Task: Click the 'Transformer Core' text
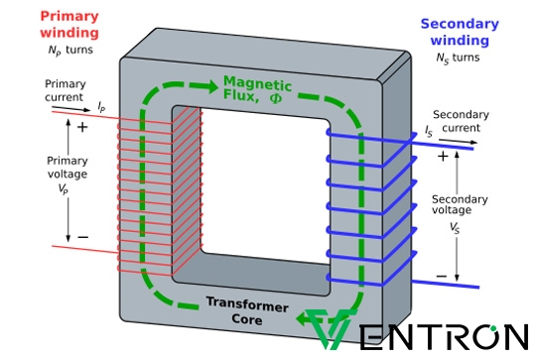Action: pyautogui.click(x=247, y=310)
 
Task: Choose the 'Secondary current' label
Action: pyautogui.click(x=462, y=121)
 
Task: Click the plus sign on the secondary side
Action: pyautogui.click(x=443, y=156)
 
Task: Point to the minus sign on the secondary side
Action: pyautogui.click(x=441, y=276)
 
